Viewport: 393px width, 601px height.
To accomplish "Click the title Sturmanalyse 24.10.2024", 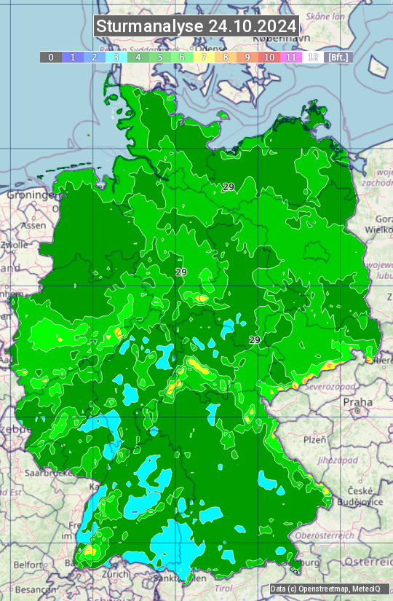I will coord(196,26).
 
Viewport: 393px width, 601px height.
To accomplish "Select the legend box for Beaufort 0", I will coord(51,57).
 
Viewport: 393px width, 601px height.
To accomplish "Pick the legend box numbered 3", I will coord(116,57).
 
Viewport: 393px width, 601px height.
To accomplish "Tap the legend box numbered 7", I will coord(204,57).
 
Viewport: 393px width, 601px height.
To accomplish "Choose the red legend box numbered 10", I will coord(269,57).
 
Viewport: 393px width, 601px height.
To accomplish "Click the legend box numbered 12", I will coord(313,57).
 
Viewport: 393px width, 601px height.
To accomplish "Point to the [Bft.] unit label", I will coord(338,57).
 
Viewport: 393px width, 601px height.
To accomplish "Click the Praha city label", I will coord(358,402).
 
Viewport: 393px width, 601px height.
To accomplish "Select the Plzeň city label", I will coord(314,439).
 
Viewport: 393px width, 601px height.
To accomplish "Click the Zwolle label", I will coord(14,245).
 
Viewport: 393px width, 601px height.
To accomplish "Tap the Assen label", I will coord(33,226).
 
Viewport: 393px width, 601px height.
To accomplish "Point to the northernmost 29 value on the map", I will coord(229,187).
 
